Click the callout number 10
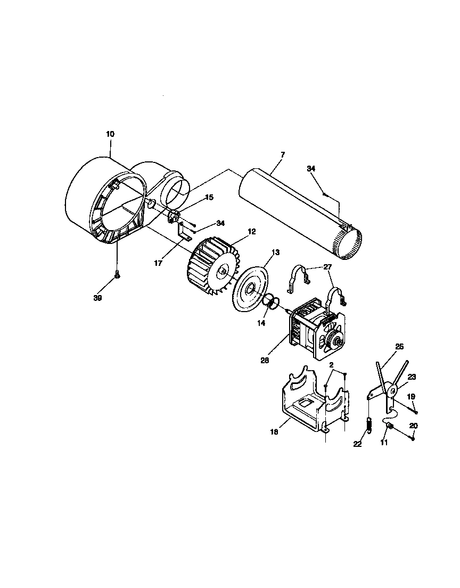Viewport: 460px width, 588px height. (x=110, y=134)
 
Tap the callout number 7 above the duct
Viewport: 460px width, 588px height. (x=283, y=154)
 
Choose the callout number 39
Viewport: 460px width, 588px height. (x=97, y=298)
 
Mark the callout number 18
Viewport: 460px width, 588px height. (x=274, y=433)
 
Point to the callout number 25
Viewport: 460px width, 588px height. (x=399, y=346)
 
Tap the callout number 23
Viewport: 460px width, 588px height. (x=411, y=376)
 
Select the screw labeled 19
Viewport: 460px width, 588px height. (x=415, y=411)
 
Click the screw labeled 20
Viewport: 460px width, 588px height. (x=413, y=438)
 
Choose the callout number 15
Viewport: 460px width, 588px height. (x=209, y=197)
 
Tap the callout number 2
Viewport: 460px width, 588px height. (x=332, y=366)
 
